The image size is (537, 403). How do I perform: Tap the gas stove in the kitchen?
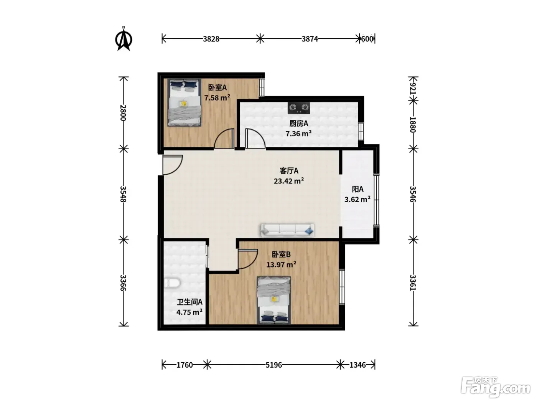(299, 108)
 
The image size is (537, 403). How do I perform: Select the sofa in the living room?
(287, 230)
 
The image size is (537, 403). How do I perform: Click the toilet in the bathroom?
(173, 283)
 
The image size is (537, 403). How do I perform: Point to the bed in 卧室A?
(184, 102)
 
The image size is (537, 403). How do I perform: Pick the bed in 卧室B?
(274, 300)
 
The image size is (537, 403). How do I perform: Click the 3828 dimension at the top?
(211, 39)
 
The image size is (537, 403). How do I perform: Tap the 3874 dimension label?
(310, 39)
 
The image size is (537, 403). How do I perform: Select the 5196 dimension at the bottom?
(274, 365)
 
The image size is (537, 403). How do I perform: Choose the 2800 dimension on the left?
(123, 112)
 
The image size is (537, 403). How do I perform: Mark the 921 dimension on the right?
(413, 88)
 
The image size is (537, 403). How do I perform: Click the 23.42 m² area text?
(289, 181)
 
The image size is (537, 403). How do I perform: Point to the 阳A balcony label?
(357, 189)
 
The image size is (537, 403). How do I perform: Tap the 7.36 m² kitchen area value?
(299, 134)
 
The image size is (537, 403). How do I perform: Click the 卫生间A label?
(189, 302)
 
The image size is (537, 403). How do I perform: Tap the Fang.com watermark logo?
(496, 387)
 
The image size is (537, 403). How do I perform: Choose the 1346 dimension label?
(357, 365)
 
